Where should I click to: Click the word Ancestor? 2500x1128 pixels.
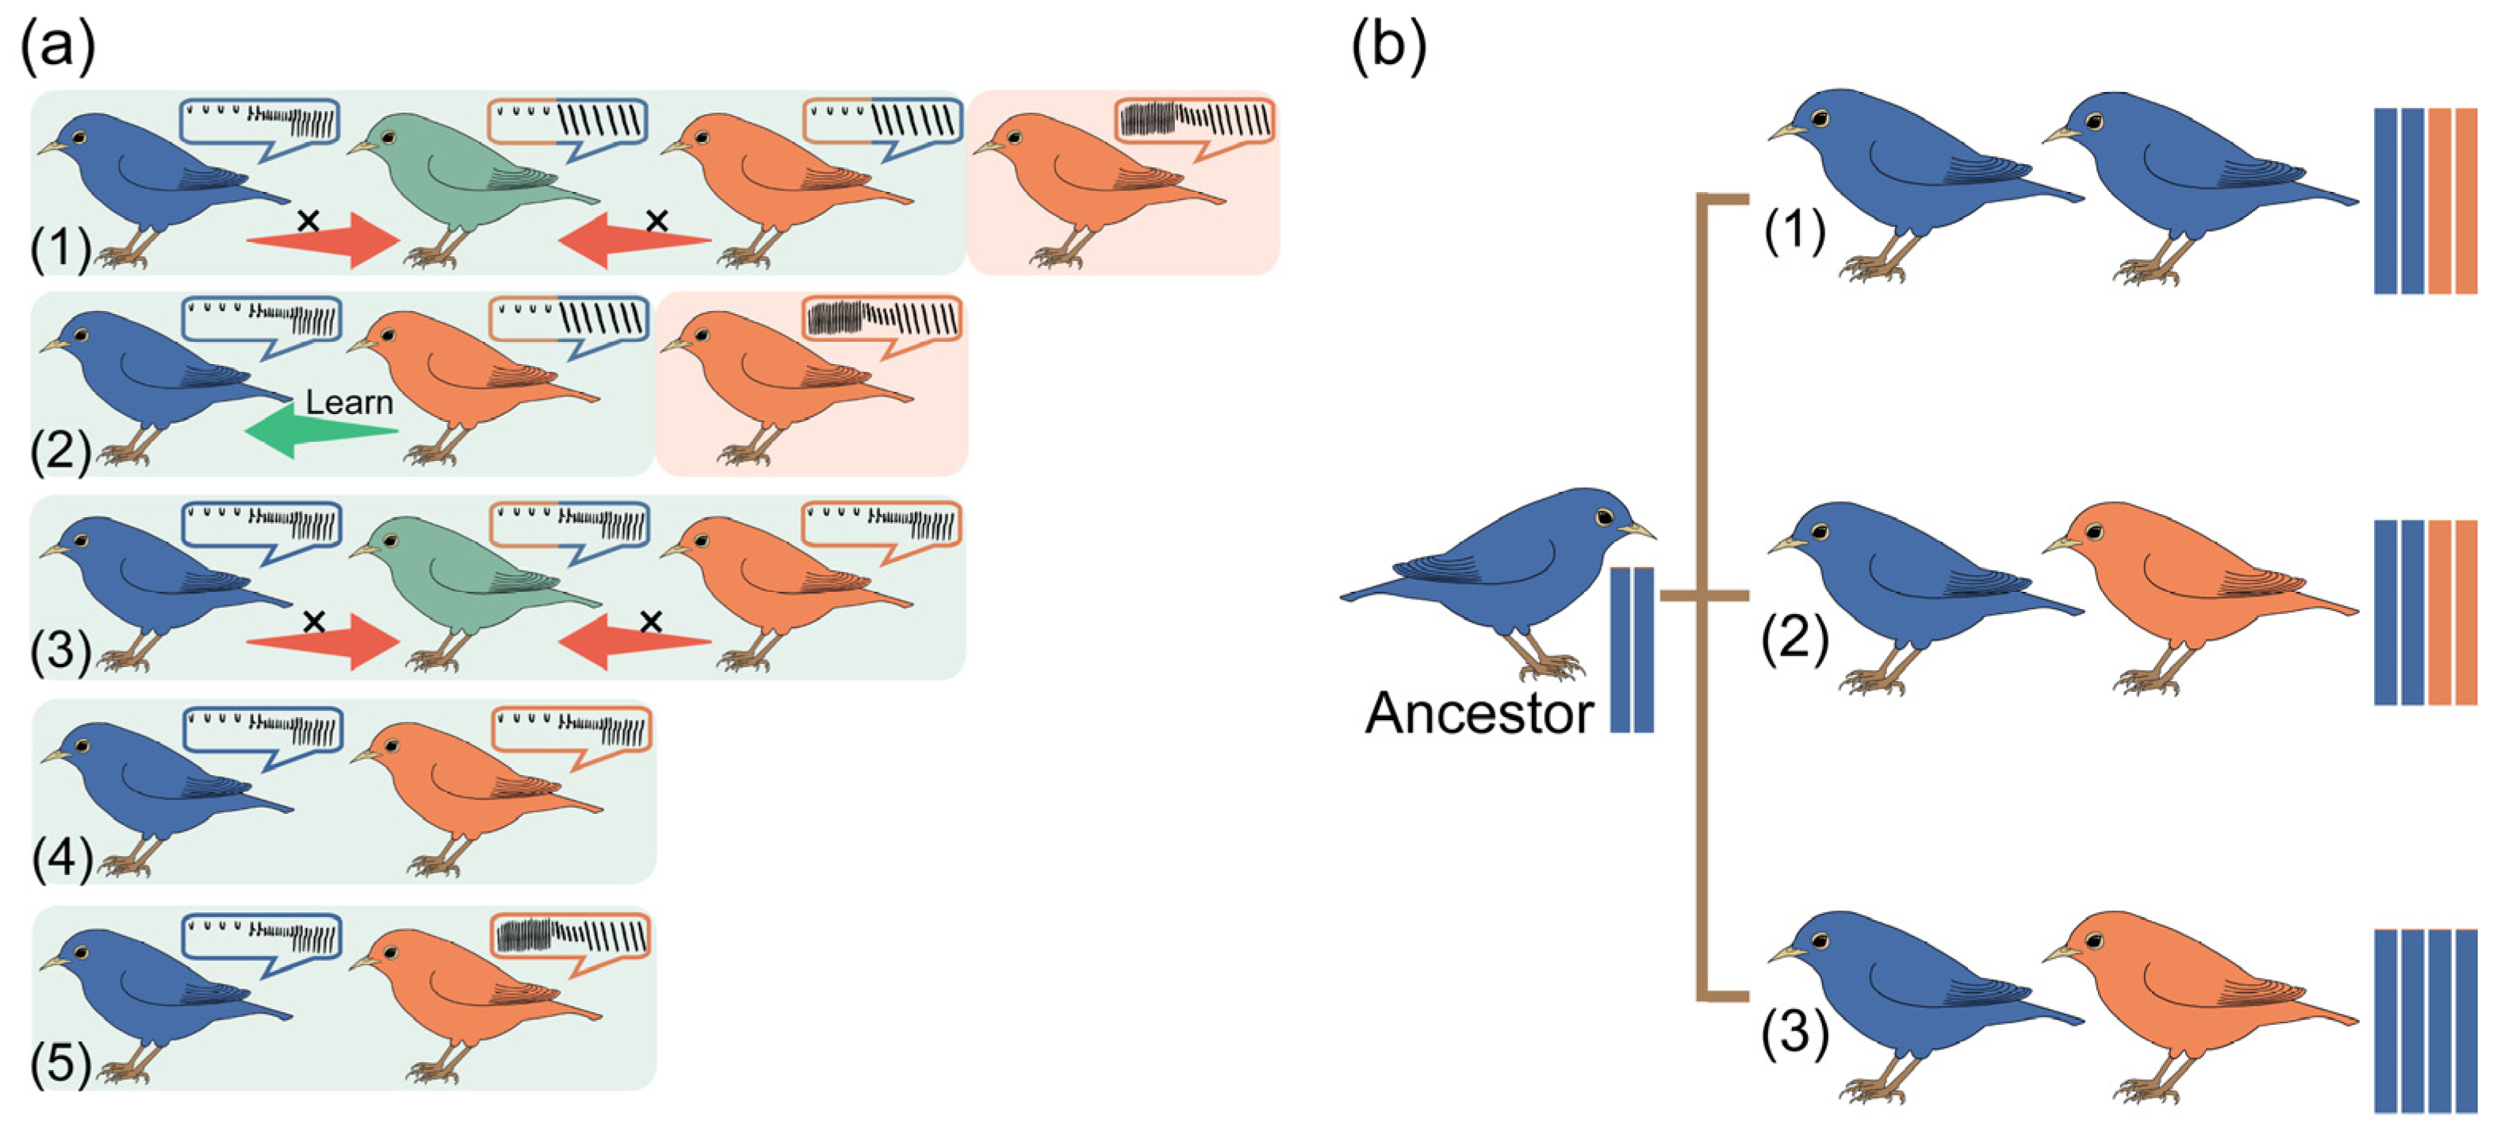click(1478, 713)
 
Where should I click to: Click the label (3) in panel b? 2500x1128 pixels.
click(1794, 1031)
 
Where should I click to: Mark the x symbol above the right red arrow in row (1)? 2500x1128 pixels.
click(657, 221)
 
